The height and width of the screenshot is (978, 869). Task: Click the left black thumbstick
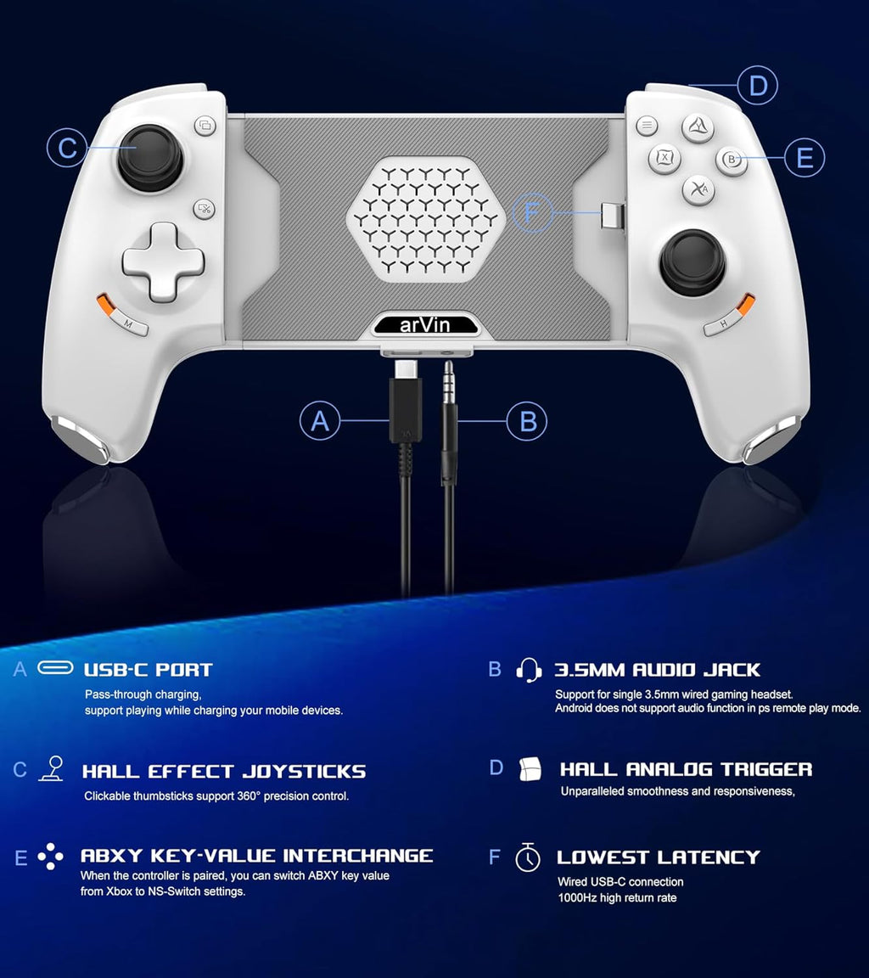tap(150, 159)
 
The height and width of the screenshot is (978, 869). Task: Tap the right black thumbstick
tap(692, 262)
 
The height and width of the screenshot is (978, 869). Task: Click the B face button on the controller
tap(732, 160)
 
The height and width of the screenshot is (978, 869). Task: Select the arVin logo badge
tap(425, 325)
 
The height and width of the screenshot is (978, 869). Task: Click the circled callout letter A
tap(320, 421)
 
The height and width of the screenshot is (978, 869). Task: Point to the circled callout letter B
tap(527, 421)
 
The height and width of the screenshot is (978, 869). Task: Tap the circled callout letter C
tap(67, 148)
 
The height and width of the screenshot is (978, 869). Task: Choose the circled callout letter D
tap(758, 86)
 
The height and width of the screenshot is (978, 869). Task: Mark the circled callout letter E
tap(805, 157)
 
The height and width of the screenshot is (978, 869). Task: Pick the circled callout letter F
tap(532, 213)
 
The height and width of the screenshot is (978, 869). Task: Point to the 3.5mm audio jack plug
tap(449, 424)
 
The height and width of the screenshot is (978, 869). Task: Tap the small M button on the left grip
tap(128, 323)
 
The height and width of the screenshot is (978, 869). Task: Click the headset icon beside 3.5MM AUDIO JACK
tap(529, 670)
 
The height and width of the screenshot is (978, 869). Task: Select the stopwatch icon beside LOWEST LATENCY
tap(528, 857)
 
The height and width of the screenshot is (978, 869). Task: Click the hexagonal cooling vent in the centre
tap(425, 220)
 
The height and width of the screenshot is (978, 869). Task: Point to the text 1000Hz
tap(577, 898)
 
